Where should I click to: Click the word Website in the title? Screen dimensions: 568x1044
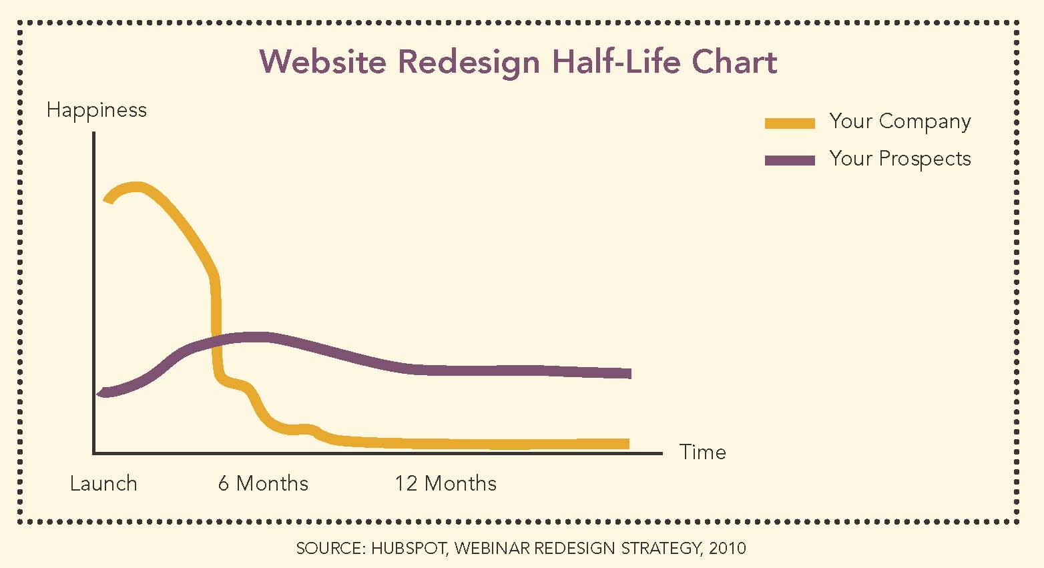point(322,61)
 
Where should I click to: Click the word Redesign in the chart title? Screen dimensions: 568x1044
point(469,63)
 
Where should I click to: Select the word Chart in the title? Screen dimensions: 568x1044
point(734,61)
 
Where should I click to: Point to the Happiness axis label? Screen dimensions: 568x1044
point(97,110)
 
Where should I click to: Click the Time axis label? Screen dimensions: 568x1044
point(702,453)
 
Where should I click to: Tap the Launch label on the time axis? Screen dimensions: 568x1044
point(103,483)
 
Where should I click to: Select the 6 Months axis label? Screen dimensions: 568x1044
point(263,483)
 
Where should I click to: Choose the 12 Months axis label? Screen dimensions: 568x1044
point(445,483)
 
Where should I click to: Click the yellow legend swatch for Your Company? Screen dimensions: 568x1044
point(790,123)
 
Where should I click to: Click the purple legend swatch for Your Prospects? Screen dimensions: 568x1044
point(790,160)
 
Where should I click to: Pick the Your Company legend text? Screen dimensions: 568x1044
point(900,121)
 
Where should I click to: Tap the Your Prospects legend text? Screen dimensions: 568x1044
point(900,159)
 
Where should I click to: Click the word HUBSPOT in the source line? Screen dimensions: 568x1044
point(410,549)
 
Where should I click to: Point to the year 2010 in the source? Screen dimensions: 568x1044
point(727,549)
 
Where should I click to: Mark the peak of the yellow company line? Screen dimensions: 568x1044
point(137,186)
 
